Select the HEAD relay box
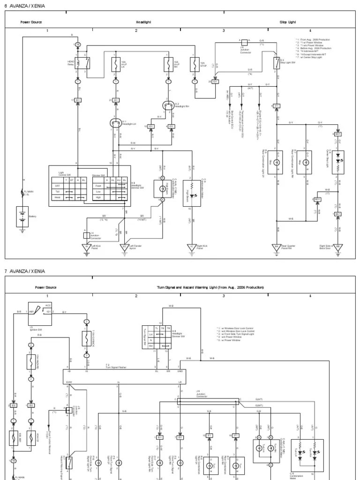coord(85,63)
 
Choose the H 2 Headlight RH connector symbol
coord(168,105)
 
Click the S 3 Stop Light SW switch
coord(277,63)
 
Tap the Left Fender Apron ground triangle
coord(124,247)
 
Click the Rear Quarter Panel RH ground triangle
coord(277,247)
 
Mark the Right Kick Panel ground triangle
coord(191,247)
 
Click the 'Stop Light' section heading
coord(288,22)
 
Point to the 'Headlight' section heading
coord(143,22)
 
